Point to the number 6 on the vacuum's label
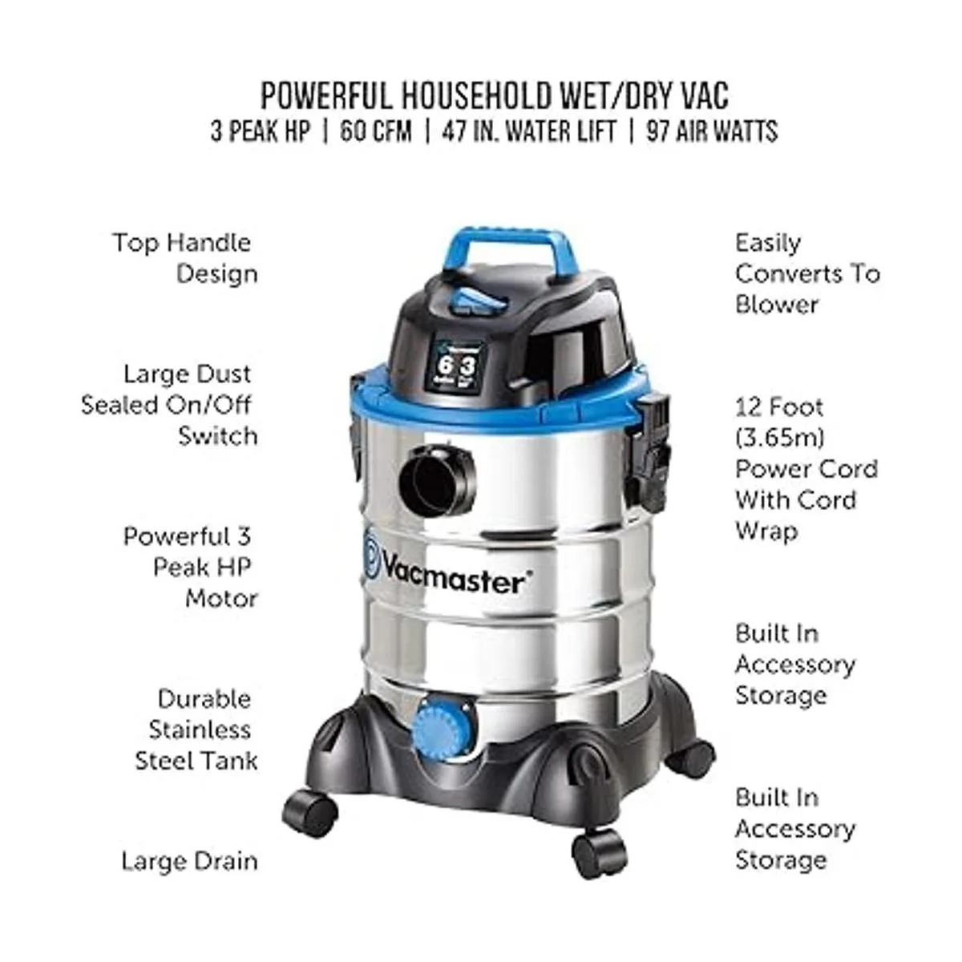443,365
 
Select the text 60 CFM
376,132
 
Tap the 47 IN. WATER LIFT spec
528,132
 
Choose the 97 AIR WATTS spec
713,132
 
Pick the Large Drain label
190,862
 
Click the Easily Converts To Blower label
807,273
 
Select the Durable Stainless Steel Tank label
196,730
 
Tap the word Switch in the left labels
218,436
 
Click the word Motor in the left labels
221,598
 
